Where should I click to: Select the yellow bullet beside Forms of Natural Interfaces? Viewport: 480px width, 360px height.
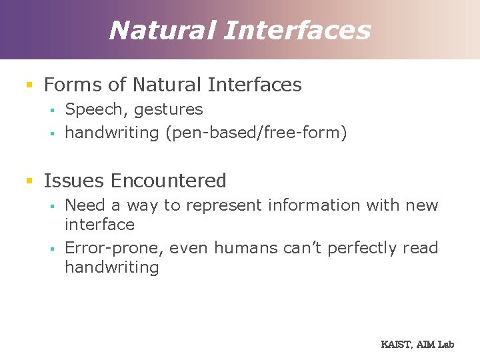[29, 85]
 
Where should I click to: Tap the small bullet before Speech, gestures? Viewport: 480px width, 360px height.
[51, 110]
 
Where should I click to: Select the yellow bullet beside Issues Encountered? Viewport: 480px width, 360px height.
[29, 181]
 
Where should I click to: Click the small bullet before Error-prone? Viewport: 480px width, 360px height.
[51, 249]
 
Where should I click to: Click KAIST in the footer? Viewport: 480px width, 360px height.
[395, 345]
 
